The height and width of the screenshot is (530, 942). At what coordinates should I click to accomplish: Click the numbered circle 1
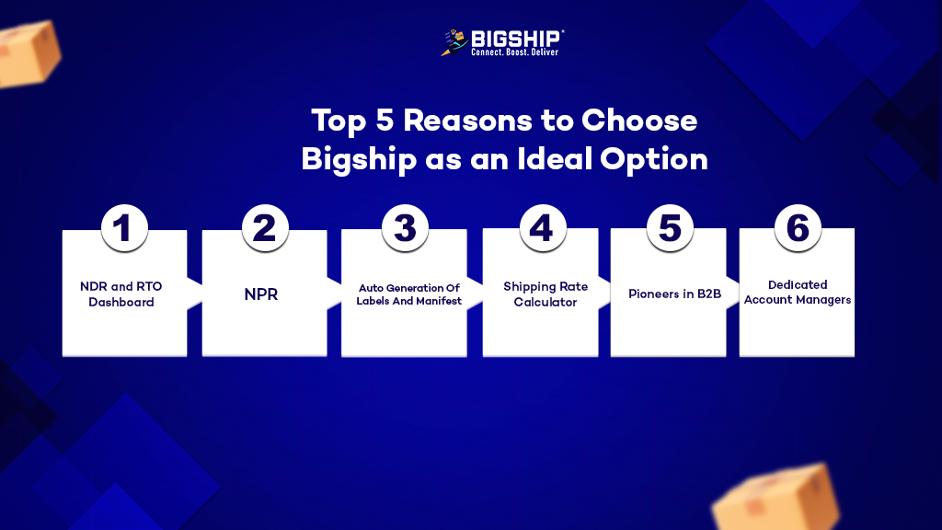pos(124,228)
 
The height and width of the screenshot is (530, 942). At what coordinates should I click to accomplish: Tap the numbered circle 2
pos(265,228)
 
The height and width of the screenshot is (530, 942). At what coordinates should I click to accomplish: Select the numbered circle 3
pos(405,228)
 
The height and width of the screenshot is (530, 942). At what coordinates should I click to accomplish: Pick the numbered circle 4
pos(543,228)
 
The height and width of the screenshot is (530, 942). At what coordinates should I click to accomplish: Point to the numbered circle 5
pos(670,228)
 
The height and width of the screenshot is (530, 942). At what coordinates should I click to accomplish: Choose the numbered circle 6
pos(798,228)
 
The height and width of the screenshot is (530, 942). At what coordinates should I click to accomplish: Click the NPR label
pos(260,294)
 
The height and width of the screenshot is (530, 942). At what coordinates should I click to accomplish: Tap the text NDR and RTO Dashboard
pos(121,294)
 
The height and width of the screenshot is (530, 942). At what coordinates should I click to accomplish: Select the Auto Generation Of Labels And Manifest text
pos(408,294)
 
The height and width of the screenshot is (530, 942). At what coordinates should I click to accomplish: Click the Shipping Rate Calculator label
pos(546,294)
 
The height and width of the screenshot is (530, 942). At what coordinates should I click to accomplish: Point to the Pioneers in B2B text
pos(674,294)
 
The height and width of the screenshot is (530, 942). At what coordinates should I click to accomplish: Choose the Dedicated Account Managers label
pos(798,292)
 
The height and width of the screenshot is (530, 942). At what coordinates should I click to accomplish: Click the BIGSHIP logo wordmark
pos(515,39)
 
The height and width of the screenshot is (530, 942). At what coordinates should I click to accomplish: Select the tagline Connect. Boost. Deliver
pos(515,52)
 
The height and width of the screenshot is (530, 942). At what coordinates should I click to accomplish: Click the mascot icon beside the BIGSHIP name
pos(454,42)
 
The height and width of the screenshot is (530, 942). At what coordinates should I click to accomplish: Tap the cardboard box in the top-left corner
pos(29,53)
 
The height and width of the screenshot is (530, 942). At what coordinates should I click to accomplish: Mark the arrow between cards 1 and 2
pos(195,294)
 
